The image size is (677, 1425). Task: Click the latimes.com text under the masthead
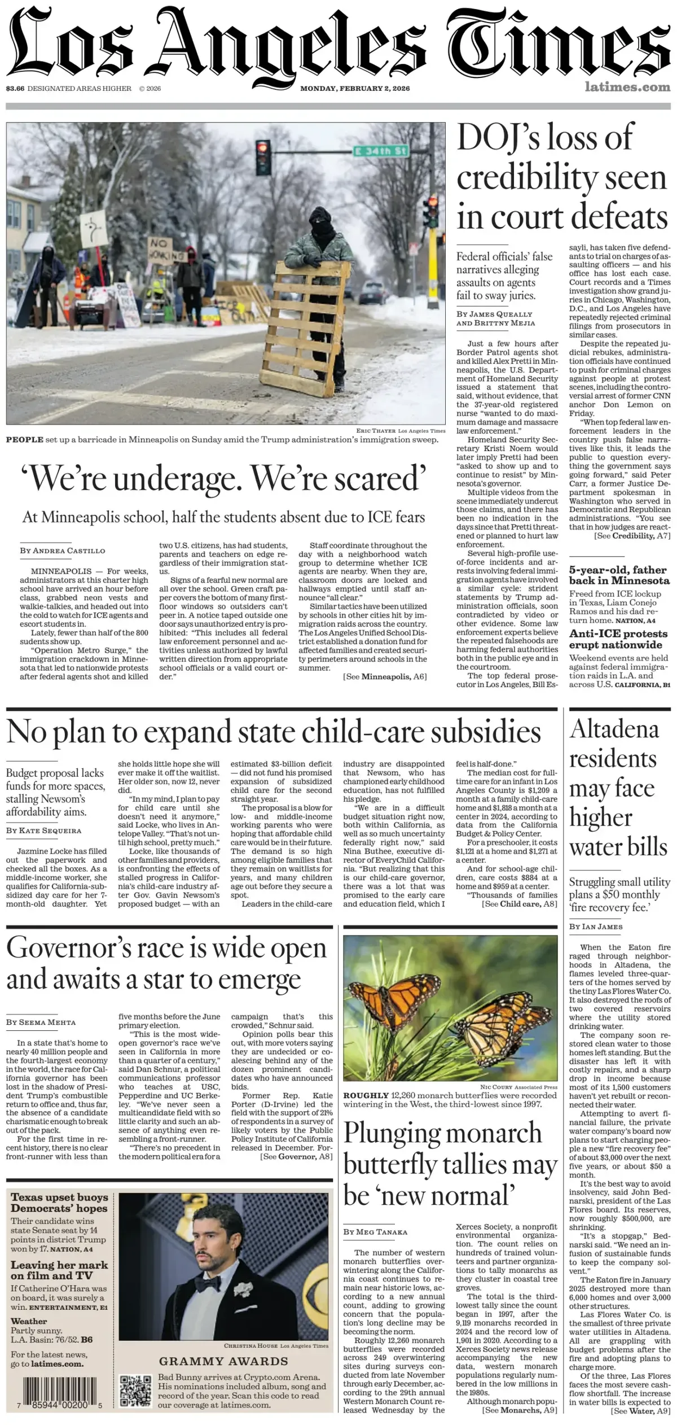(x=627, y=87)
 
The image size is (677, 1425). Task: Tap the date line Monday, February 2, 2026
(x=355, y=89)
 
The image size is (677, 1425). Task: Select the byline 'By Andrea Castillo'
(x=63, y=550)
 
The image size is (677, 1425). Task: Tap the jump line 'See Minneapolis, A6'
(x=385, y=676)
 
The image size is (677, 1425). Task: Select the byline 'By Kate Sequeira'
(x=43, y=830)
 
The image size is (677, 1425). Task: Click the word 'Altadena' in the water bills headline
(x=614, y=729)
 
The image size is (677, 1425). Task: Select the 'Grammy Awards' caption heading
(x=223, y=1361)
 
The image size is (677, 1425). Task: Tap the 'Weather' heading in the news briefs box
(x=29, y=1321)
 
